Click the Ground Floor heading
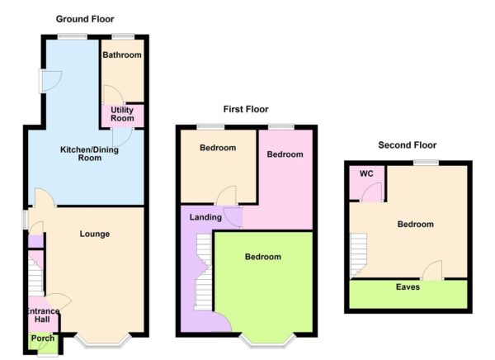pyautogui.click(x=85, y=18)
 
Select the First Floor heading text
pyautogui.click(x=245, y=109)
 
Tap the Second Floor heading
pyautogui.click(x=408, y=145)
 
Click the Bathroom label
pyautogui.click(x=121, y=55)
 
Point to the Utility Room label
pyautogui.click(x=121, y=114)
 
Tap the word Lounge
pyautogui.click(x=95, y=234)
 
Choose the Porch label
pyautogui.click(x=40, y=339)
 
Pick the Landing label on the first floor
pyautogui.click(x=205, y=217)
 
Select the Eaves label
pyautogui.click(x=408, y=287)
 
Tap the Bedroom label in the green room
pyautogui.click(x=262, y=257)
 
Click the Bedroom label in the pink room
pyautogui.click(x=285, y=154)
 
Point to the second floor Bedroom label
pyautogui.click(x=415, y=224)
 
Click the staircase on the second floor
pyautogui.click(x=357, y=254)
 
